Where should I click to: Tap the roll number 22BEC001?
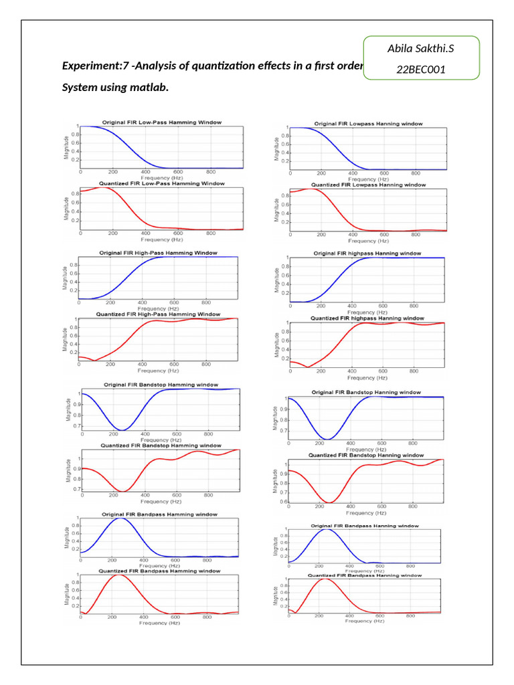click(421, 70)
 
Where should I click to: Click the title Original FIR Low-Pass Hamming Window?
click(161, 122)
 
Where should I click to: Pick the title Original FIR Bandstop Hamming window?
click(159, 385)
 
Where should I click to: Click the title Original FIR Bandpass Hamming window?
click(159, 514)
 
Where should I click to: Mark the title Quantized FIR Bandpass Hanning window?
click(364, 575)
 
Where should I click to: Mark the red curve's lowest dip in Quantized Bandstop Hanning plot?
click(329, 502)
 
